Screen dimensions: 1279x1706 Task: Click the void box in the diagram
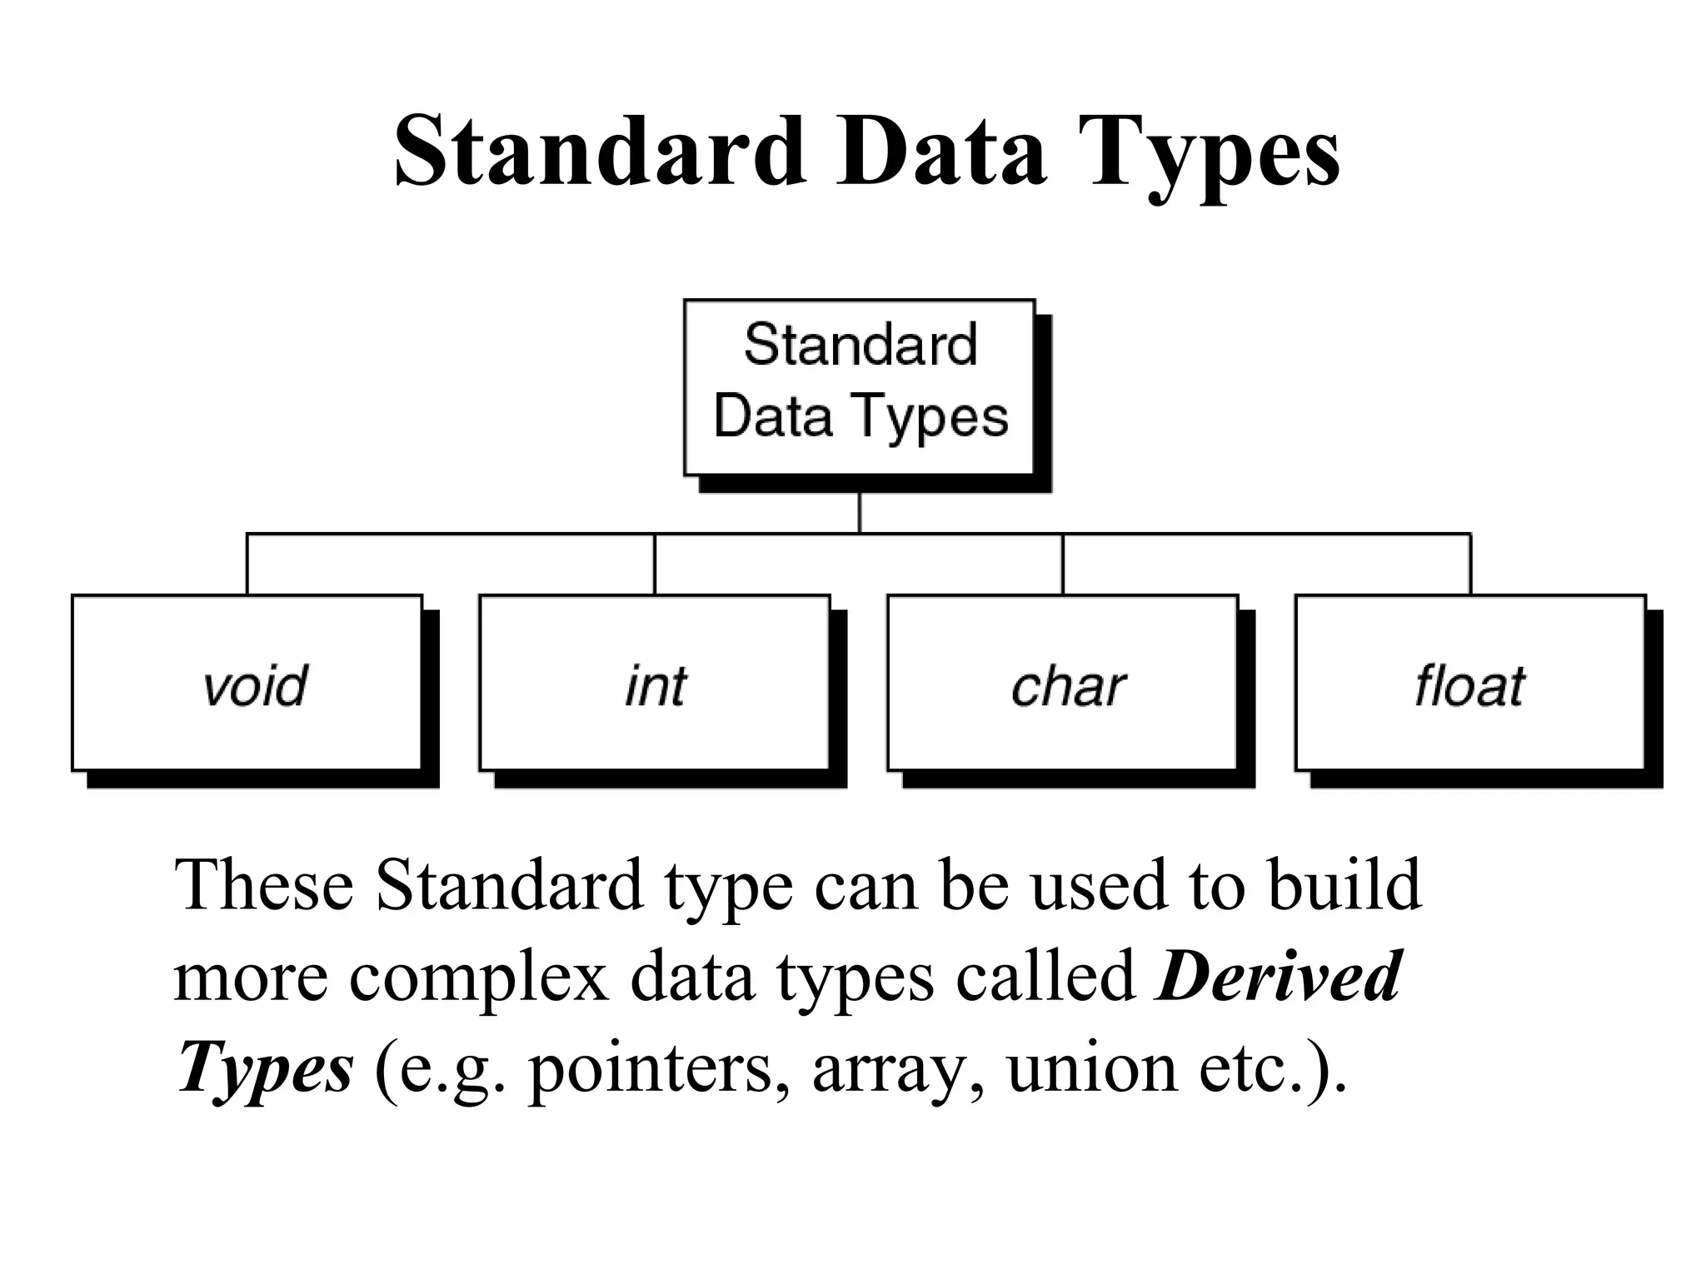(x=247, y=683)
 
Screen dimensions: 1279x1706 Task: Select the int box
(x=655, y=683)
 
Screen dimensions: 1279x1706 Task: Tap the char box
(x=1063, y=683)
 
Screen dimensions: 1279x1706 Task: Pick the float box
(x=1470, y=683)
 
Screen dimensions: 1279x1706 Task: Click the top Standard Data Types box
(x=860, y=387)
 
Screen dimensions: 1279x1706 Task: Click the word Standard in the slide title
(x=600, y=152)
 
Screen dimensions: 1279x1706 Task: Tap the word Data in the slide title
(x=941, y=152)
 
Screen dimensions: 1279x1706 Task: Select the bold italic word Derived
(x=1279, y=976)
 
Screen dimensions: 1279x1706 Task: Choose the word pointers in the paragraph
(x=658, y=1068)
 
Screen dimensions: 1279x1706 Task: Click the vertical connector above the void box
(x=247, y=564)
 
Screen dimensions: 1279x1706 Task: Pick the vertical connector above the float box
(x=1470, y=564)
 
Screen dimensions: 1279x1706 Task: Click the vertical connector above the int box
(x=655, y=564)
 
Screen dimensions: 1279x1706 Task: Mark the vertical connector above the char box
(x=1063, y=564)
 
